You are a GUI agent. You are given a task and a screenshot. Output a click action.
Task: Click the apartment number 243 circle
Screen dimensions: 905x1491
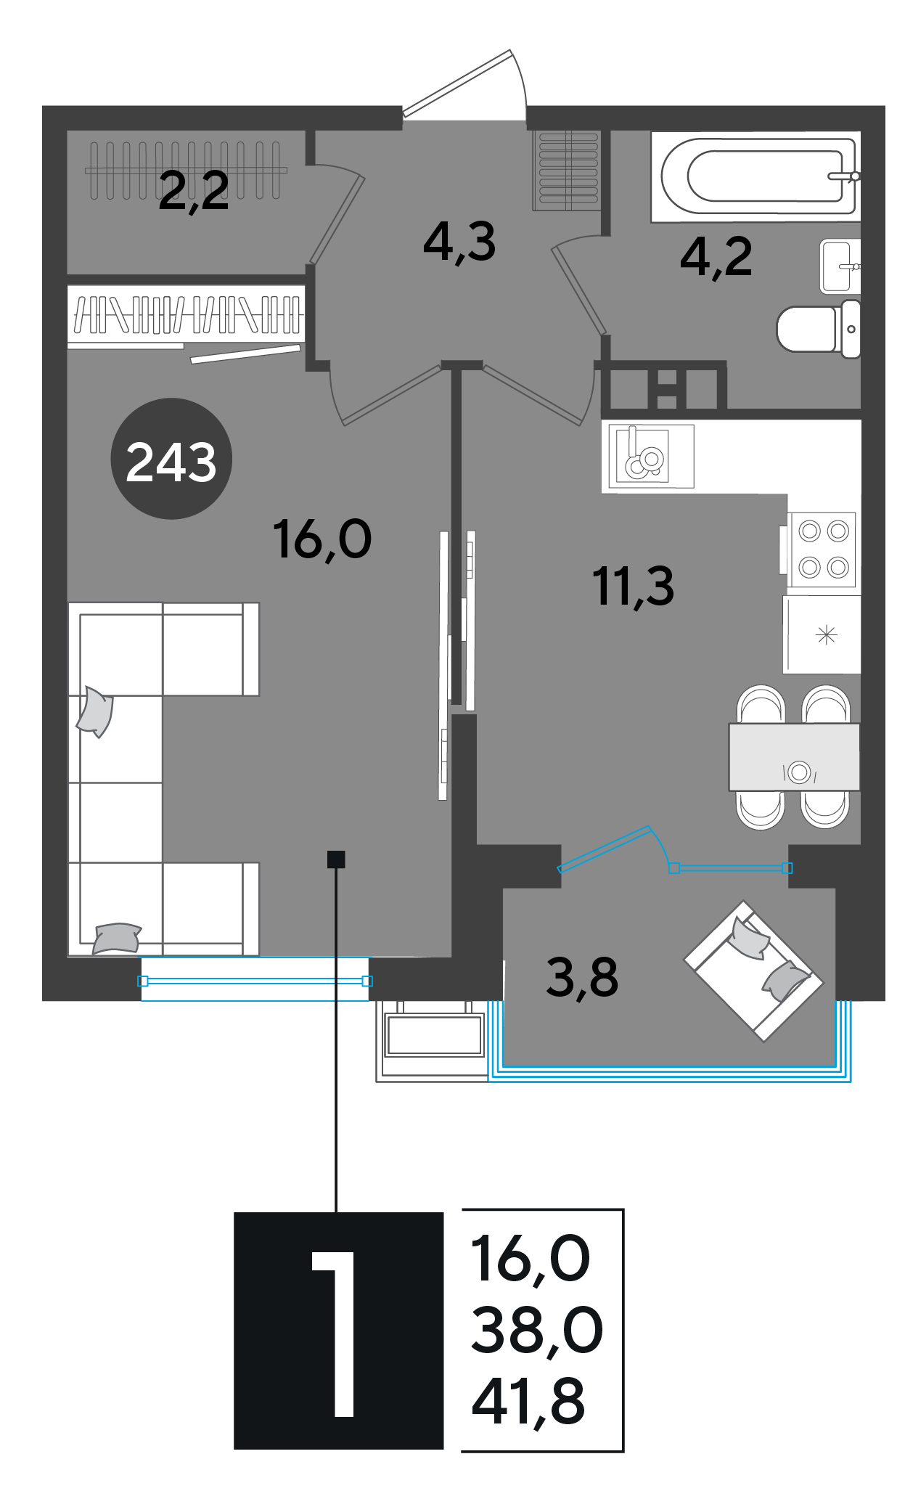[x=171, y=459]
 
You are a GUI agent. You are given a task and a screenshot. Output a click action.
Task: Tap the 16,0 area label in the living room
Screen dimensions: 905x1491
[x=322, y=540]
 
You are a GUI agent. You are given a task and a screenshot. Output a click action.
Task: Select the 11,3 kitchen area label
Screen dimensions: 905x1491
[x=634, y=587]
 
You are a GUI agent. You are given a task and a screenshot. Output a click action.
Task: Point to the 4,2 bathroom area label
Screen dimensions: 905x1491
[x=716, y=258]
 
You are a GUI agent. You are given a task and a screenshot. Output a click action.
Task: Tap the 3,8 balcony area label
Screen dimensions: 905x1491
[x=582, y=977]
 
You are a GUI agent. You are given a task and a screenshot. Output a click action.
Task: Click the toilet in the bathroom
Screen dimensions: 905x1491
[x=819, y=329]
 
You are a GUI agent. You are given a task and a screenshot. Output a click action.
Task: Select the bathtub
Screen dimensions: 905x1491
[x=755, y=176]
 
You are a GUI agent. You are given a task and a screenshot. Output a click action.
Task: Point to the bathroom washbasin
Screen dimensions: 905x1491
[x=840, y=266]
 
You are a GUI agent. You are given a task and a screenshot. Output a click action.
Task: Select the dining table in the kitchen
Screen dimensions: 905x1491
[x=794, y=756]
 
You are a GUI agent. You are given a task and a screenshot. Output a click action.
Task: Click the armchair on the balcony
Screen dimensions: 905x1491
[x=753, y=971]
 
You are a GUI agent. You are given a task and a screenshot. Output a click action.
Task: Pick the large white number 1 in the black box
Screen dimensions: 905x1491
[x=336, y=1333]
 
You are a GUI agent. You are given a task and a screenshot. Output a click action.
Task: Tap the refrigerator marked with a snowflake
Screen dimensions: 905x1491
[x=822, y=635]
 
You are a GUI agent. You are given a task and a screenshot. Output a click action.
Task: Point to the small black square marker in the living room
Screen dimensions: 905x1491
[x=336, y=859]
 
